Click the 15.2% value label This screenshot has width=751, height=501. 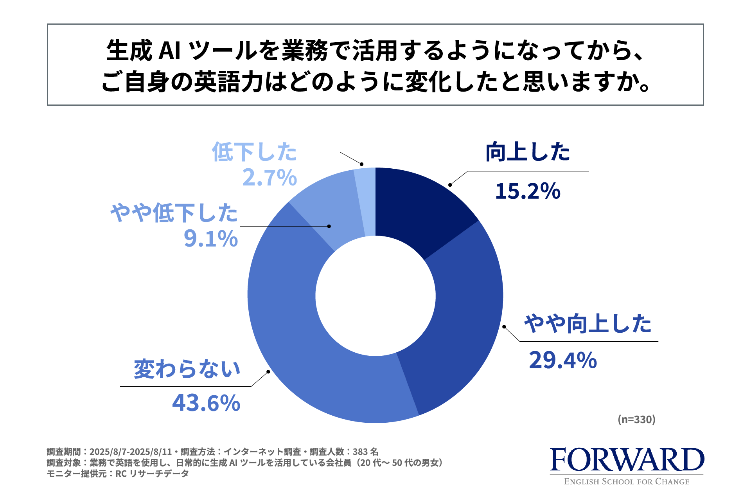click(528, 191)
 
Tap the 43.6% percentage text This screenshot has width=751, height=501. click(206, 403)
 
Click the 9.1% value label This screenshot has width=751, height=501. click(211, 238)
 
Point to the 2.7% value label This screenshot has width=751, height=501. click(269, 178)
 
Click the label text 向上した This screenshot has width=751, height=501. click(528, 152)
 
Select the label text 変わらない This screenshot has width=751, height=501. click(187, 369)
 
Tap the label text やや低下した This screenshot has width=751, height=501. click(174, 213)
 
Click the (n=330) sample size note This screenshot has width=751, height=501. click(636, 420)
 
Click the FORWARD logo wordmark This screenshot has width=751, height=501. click(627, 460)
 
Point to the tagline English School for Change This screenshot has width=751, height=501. click(627, 482)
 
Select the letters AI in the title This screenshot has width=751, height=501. click(170, 51)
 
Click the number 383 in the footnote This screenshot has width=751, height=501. click(360, 452)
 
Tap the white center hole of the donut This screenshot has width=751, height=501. click(375, 296)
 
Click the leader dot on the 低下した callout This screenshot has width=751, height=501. click(362, 164)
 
